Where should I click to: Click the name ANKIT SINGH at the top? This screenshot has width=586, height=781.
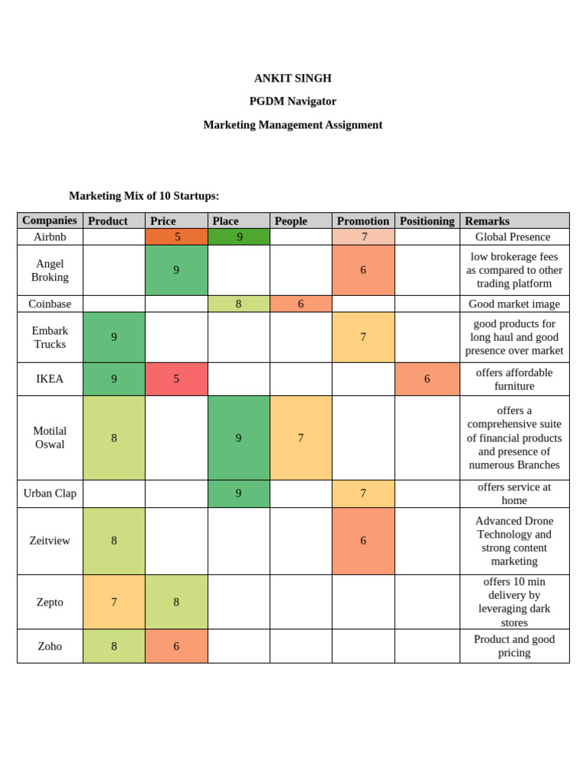[x=292, y=79]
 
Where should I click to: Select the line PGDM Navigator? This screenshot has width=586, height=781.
[x=292, y=101]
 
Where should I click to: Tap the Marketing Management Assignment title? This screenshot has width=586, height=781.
[x=292, y=125]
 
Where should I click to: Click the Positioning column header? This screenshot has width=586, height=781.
[x=427, y=221]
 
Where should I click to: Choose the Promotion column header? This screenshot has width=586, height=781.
[x=362, y=221]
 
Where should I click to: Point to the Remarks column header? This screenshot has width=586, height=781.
[x=487, y=221]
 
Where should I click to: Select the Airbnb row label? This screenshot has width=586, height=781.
[x=50, y=237]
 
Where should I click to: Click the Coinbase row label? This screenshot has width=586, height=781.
[x=50, y=304]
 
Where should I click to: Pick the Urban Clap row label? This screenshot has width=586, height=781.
[x=50, y=493]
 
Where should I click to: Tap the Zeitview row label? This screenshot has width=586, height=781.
[x=50, y=541]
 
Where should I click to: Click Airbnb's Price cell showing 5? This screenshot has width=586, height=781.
[x=176, y=237]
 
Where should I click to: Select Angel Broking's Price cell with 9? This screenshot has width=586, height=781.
[x=176, y=270]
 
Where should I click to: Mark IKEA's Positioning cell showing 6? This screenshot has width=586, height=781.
[x=427, y=379]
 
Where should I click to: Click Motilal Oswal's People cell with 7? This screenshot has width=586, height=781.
[x=301, y=438]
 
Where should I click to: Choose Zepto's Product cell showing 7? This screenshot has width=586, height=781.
[x=114, y=602]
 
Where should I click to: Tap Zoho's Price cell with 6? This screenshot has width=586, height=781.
[x=176, y=646]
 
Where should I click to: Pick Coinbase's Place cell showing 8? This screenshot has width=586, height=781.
[x=238, y=304]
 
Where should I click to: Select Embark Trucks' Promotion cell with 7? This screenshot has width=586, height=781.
[x=363, y=337]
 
